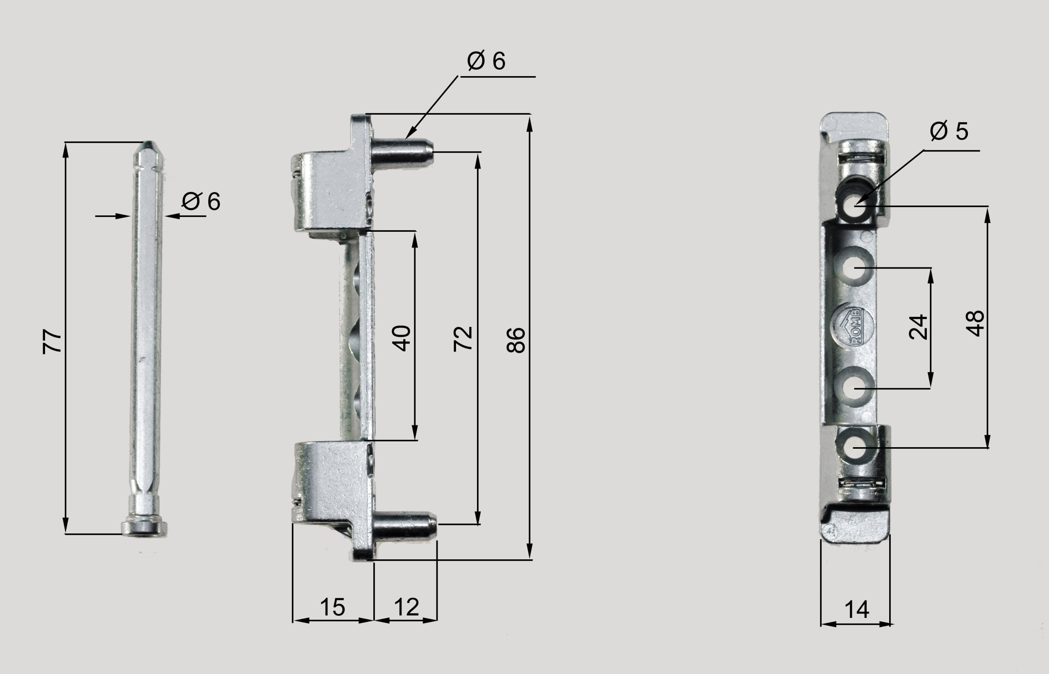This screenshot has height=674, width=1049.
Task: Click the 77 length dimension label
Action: click(x=52, y=341)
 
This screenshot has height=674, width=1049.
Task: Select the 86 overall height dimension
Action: click(x=516, y=340)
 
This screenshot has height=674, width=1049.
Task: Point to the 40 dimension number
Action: click(x=402, y=338)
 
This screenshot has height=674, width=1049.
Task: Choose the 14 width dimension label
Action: click(x=856, y=610)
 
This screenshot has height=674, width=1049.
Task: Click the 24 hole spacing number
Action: click(x=918, y=327)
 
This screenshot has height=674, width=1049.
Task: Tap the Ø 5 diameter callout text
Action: click(x=949, y=131)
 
